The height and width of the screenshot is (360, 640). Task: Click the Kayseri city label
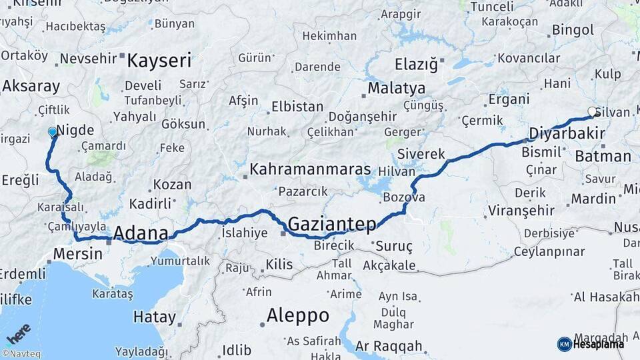click(x=159, y=61)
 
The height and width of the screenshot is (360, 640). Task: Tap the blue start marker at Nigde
click(x=53, y=132)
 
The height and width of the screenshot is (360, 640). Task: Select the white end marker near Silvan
click(x=591, y=112)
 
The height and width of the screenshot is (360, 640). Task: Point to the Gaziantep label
click(x=332, y=224)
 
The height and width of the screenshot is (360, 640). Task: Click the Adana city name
click(x=140, y=233)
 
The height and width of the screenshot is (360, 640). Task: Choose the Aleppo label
click(x=297, y=315)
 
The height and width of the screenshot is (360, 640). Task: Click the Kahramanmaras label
click(x=309, y=169)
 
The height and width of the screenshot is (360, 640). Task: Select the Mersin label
click(x=77, y=254)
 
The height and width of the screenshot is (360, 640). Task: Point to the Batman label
click(x=602, y=157)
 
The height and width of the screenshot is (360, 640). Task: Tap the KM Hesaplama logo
click(x=591, y=344)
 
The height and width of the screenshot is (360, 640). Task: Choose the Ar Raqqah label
click(x=389, y=346)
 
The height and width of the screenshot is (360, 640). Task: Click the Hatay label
click(x=154, y=317)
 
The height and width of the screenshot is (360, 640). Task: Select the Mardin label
click(x=593, y=199)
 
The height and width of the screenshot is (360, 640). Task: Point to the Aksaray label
click(x=31, y=86)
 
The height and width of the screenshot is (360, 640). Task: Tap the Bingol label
click(x=572, y=30)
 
